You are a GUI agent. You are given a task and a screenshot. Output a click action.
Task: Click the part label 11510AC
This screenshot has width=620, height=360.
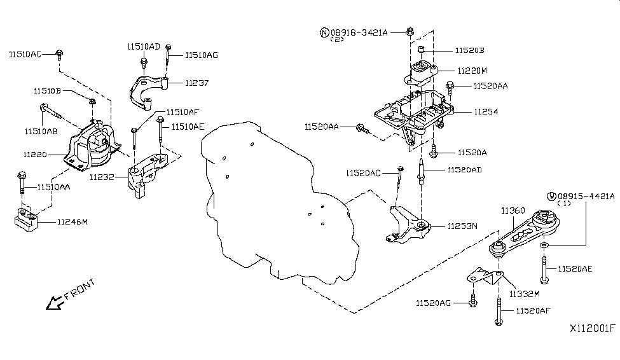click(x=25, y=54)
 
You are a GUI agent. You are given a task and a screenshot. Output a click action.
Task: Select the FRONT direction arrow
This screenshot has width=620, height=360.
click(x=55, y=303)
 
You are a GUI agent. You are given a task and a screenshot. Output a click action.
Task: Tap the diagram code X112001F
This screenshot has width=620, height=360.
click(x=592, y=328)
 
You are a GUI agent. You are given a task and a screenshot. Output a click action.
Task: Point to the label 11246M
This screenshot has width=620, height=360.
click(x=72, y=222)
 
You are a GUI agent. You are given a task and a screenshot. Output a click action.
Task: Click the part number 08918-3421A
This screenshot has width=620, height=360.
click(x=359, y=32)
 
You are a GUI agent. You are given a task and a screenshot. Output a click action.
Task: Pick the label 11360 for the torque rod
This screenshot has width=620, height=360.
click(x=513, y=211)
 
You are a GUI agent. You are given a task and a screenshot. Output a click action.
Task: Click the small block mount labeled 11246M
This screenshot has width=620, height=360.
click(x=26, y=219)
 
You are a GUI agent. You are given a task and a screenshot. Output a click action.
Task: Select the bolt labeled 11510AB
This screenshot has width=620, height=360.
click(x=51, y=111)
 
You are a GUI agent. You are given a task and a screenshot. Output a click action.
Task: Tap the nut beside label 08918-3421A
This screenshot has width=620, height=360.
click(x=410, y=31)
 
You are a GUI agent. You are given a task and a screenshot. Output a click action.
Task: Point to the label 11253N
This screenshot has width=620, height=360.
click(x=462, y=226)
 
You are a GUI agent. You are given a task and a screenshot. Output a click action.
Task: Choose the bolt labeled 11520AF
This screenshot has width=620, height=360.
click(x=499, y=312)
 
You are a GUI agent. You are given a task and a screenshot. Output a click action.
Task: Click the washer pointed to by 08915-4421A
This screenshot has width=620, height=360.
click(x=544, y=246)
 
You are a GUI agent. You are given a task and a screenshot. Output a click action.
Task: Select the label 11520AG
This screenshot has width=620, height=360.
click(x=433, y=303)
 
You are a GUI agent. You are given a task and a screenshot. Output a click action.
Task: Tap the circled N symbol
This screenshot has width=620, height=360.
click(x=324, y=32)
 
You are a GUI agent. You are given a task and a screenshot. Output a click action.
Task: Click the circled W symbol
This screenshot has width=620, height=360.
click(x=551, y=197)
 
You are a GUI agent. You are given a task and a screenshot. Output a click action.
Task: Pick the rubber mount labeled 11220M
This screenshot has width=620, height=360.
click(x=421, y=73)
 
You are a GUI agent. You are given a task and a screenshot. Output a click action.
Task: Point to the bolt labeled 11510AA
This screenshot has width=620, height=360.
click(x=22, y=183)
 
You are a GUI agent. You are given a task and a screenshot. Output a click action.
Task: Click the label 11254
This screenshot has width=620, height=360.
click(x=486, y=112)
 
